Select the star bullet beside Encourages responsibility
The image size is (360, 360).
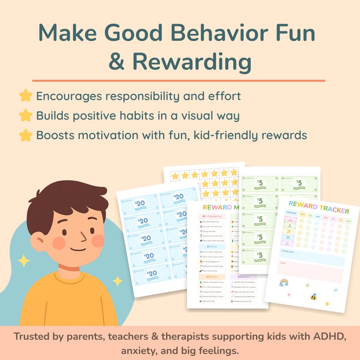pos(26,96)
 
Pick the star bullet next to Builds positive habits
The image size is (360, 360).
pos(26,116)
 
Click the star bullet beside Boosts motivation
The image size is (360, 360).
pos(26,135)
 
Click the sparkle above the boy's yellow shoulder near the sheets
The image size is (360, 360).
pos(117,281)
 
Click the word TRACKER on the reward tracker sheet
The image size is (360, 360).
pos(330,211)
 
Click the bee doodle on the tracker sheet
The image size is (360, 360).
pos(313,297)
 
